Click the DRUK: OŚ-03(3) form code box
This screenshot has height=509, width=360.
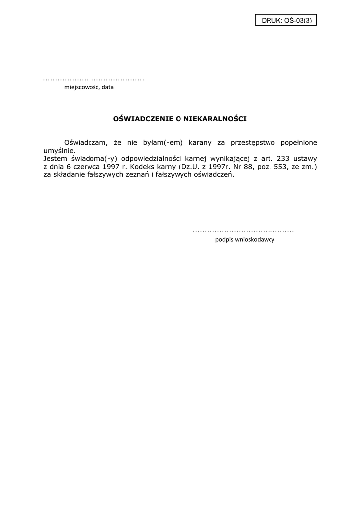coord(286,20)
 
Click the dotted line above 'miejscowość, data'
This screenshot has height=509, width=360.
coord(93,80)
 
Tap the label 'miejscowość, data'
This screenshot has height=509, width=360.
coord(89,87)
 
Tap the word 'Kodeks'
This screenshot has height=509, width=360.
coord(149,167)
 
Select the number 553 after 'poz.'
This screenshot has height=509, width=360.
coord(276,167)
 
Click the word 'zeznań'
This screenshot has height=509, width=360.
coord(135,175)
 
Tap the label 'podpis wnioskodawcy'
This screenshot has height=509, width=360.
coord(245,240)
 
